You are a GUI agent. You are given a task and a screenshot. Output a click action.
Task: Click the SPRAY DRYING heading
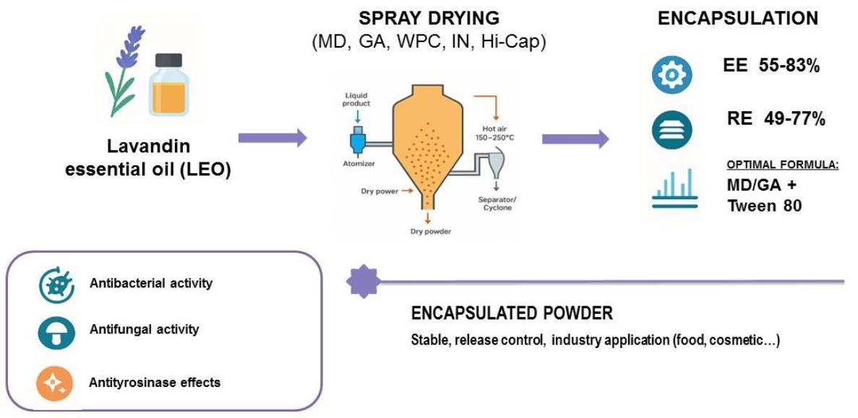tap(429, 18)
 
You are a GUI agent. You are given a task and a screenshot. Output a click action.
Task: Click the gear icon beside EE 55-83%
tap(672, 75)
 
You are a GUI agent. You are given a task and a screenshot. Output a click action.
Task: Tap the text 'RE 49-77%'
tap(776, 119)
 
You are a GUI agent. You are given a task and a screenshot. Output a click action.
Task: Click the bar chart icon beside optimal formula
tap(672, 189)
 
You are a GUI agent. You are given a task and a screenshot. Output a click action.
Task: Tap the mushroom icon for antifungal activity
tap(56, 331)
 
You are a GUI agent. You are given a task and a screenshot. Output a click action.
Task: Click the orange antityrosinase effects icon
tap(56, 382)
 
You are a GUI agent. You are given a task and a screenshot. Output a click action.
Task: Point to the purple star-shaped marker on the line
tap(364, 281)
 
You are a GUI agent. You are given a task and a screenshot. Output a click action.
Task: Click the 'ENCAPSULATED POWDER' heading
tap(512, 313)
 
